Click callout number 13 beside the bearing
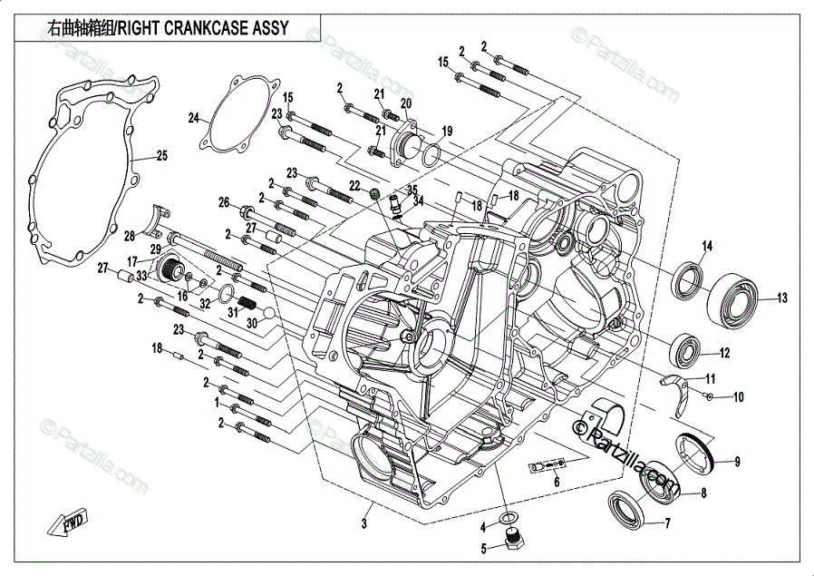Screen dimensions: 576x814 pyautogui.click(x=781, y=298)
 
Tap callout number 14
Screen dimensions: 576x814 pyautogui.click(x=707, y=246)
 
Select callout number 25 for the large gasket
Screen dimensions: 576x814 pyautogui.click(x=161, y=156)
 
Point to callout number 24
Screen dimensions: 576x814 pyautogui.click(x=193, y=118)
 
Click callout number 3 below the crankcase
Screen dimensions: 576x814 pyautogui.click(x=364, y=523)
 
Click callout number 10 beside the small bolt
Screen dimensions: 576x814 pyautogui.click(x=738, y=396)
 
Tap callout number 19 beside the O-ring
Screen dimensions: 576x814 pyautogui.click(x=447, y=132)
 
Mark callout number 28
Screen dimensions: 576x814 pyautogui.click(x=130, y=237)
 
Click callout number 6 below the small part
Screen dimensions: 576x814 pyautogui.click(x=557, y=483)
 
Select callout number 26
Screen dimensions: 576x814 pyautogui.click(x=224, y=202)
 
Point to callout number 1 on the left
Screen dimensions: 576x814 pyautogui.click(x=217, y=400)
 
